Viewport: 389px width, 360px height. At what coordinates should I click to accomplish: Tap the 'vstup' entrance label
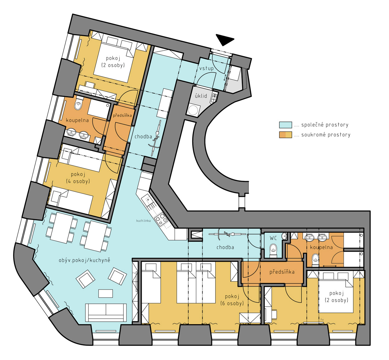pos(206,68)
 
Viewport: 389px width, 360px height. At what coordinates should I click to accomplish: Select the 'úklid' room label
pos(201,96)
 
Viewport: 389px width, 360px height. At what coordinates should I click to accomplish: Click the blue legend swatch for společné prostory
pos(286,125)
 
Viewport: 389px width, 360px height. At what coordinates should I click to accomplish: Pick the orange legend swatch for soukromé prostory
pos(286,135)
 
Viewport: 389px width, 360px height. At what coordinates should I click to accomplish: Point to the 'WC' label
pos(273,238)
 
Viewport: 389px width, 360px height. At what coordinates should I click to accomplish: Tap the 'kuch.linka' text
pos(143,220)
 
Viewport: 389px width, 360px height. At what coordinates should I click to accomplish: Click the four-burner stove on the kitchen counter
pos(161,219)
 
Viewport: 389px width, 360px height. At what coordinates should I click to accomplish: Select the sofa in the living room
pos(106,312)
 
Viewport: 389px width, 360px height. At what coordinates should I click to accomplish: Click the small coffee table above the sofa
pos(106,293)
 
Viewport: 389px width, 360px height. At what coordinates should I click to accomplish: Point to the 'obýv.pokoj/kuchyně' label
pos(84,260)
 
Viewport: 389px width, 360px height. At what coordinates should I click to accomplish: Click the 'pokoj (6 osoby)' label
pos(232,300)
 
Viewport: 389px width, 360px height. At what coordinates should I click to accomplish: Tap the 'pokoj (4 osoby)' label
pos(78,178)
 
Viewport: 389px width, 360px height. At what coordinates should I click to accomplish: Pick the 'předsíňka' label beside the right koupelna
pos(282,272)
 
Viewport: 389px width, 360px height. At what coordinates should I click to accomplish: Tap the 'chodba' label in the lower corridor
pos(225,247)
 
